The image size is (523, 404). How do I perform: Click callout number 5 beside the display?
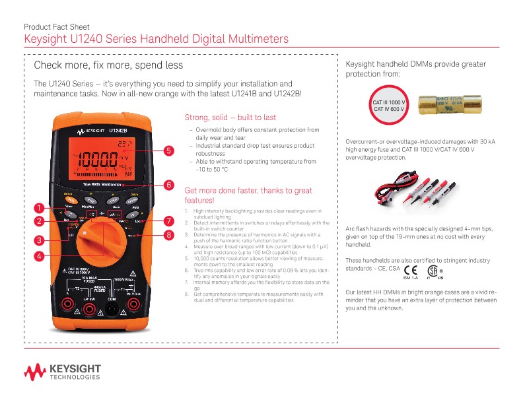coord(168,151)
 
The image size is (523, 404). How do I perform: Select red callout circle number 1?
coord(40,207)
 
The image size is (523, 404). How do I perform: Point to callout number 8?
coord(168,234)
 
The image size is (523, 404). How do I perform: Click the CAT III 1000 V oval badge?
coord(388,106)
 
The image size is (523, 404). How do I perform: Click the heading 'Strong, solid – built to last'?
coord(230,118)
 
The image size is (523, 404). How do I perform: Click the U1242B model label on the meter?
coord(118,130)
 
